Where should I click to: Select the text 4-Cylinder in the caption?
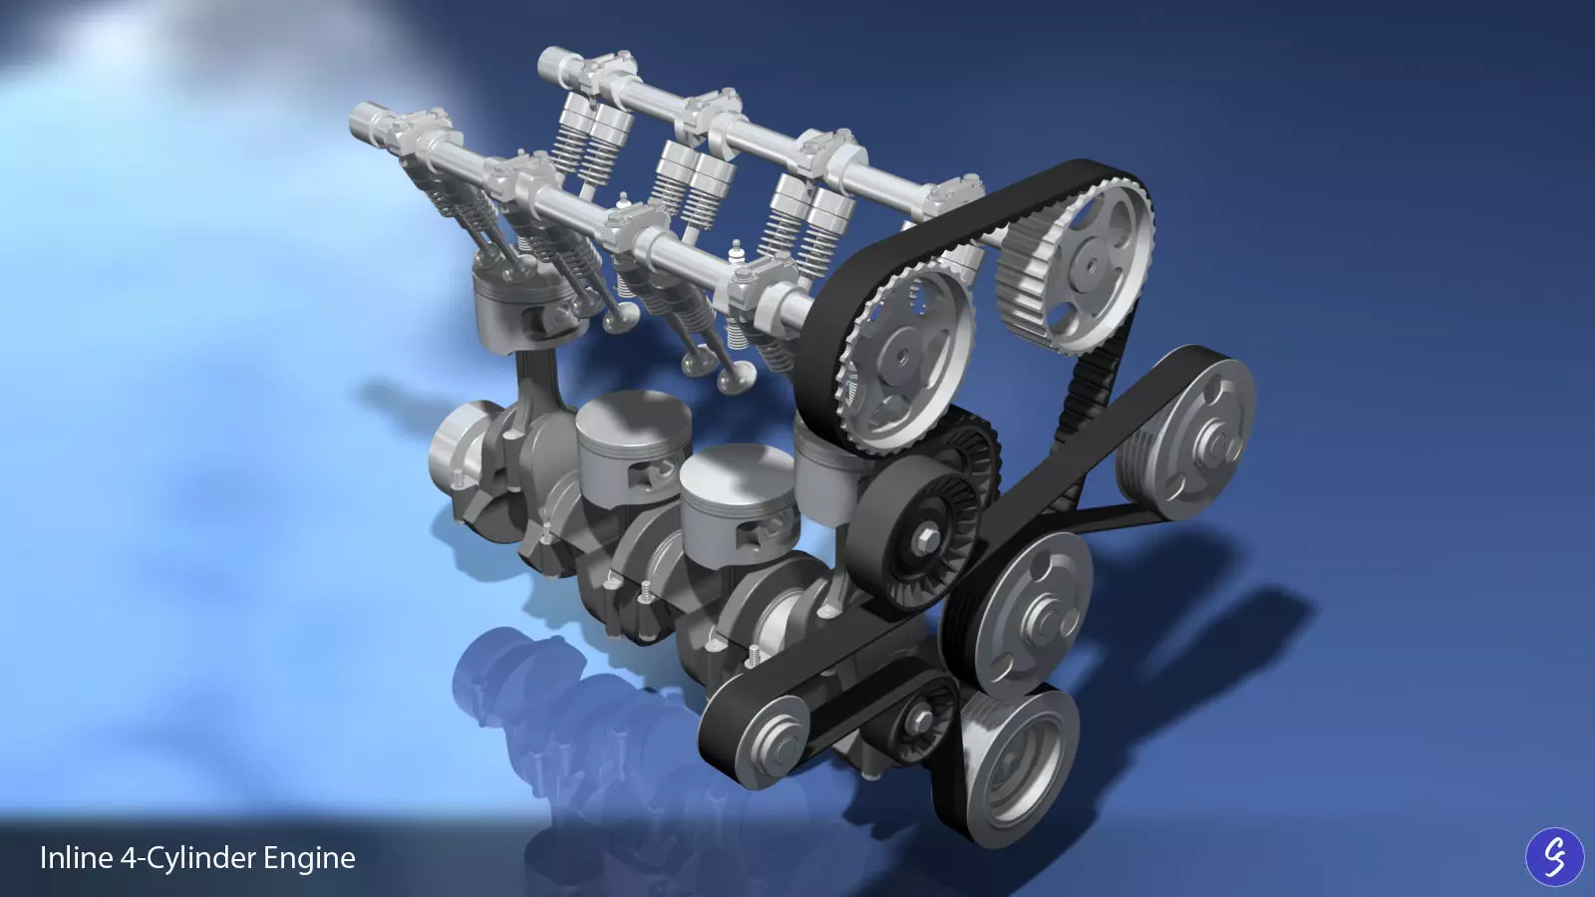[189, 858]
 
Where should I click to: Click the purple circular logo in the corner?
[1554, 856]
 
